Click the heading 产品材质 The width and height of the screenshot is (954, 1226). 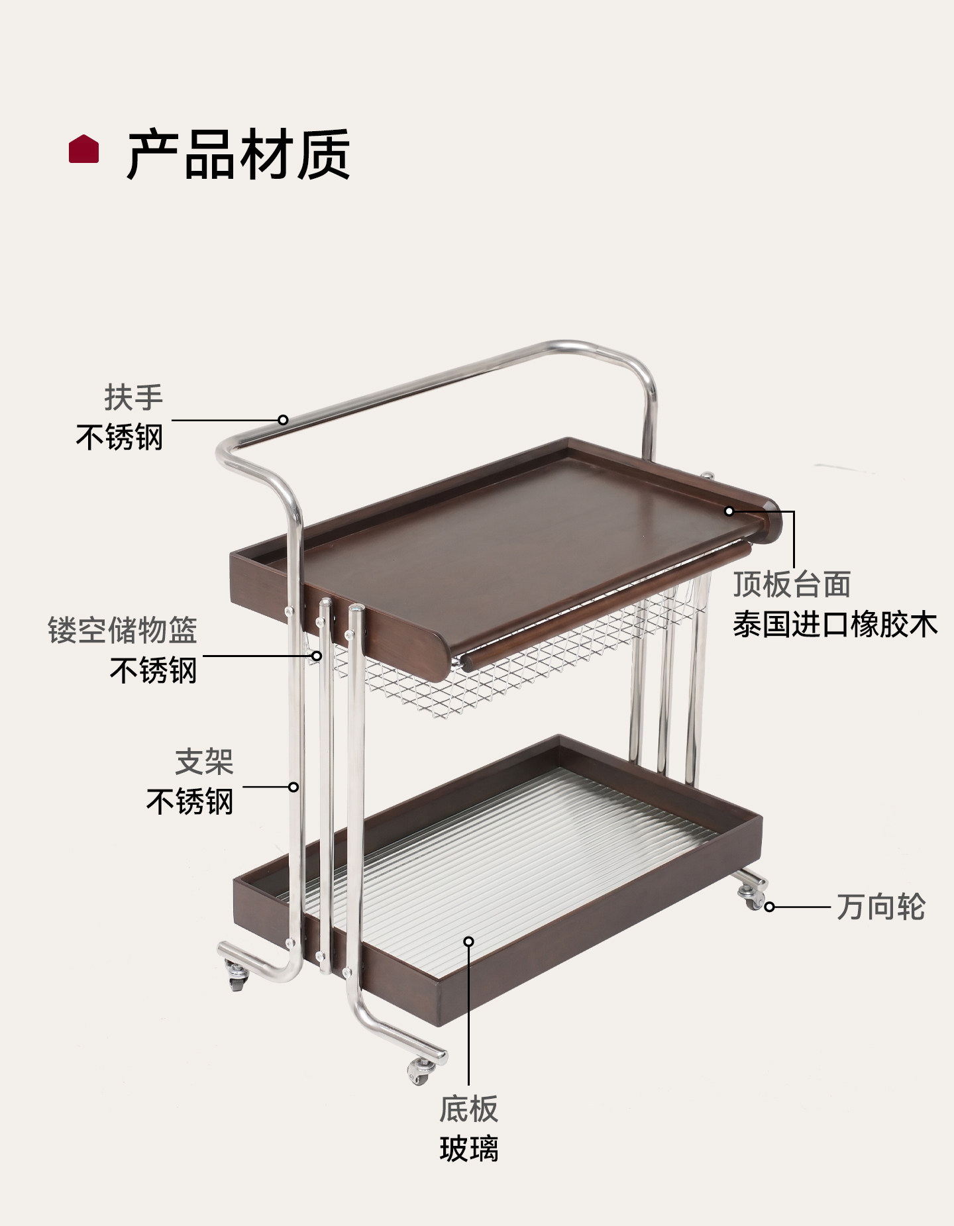click(238, 154)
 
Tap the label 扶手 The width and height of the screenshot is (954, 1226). click(133, 397)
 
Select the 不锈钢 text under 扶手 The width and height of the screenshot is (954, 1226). click(119, 437)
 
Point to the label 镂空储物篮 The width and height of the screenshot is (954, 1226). click(123, 630)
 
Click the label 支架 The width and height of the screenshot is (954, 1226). click(204, 762)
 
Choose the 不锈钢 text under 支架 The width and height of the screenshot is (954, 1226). click(189, 801)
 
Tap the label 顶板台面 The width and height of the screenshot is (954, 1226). click(792, 584)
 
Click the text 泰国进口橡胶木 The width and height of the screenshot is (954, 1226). click(835, 625)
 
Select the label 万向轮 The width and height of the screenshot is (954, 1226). click(880, 907)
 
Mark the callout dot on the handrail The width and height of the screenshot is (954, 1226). click(283, 419)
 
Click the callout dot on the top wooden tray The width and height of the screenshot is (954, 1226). click(729, 511)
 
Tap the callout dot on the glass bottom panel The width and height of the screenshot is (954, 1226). click(468, 941)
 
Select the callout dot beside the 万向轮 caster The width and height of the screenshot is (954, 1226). click(769, 907)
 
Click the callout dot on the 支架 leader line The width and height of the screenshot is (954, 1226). click(293, 787)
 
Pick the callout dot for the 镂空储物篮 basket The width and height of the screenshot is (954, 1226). click(317, 656)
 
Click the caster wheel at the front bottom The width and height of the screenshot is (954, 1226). click(419, 1070)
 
